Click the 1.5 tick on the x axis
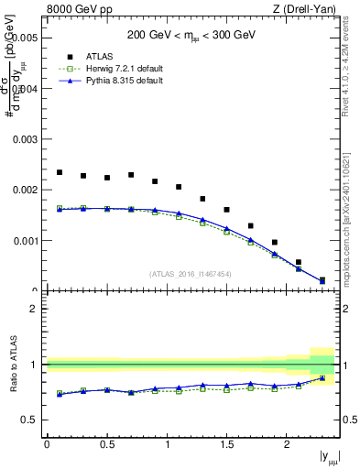click(x=226, y=444)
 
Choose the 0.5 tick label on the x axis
click(x=106, y=444)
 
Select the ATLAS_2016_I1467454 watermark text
click(x=191, y=274)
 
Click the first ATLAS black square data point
click(x=60, y=172)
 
